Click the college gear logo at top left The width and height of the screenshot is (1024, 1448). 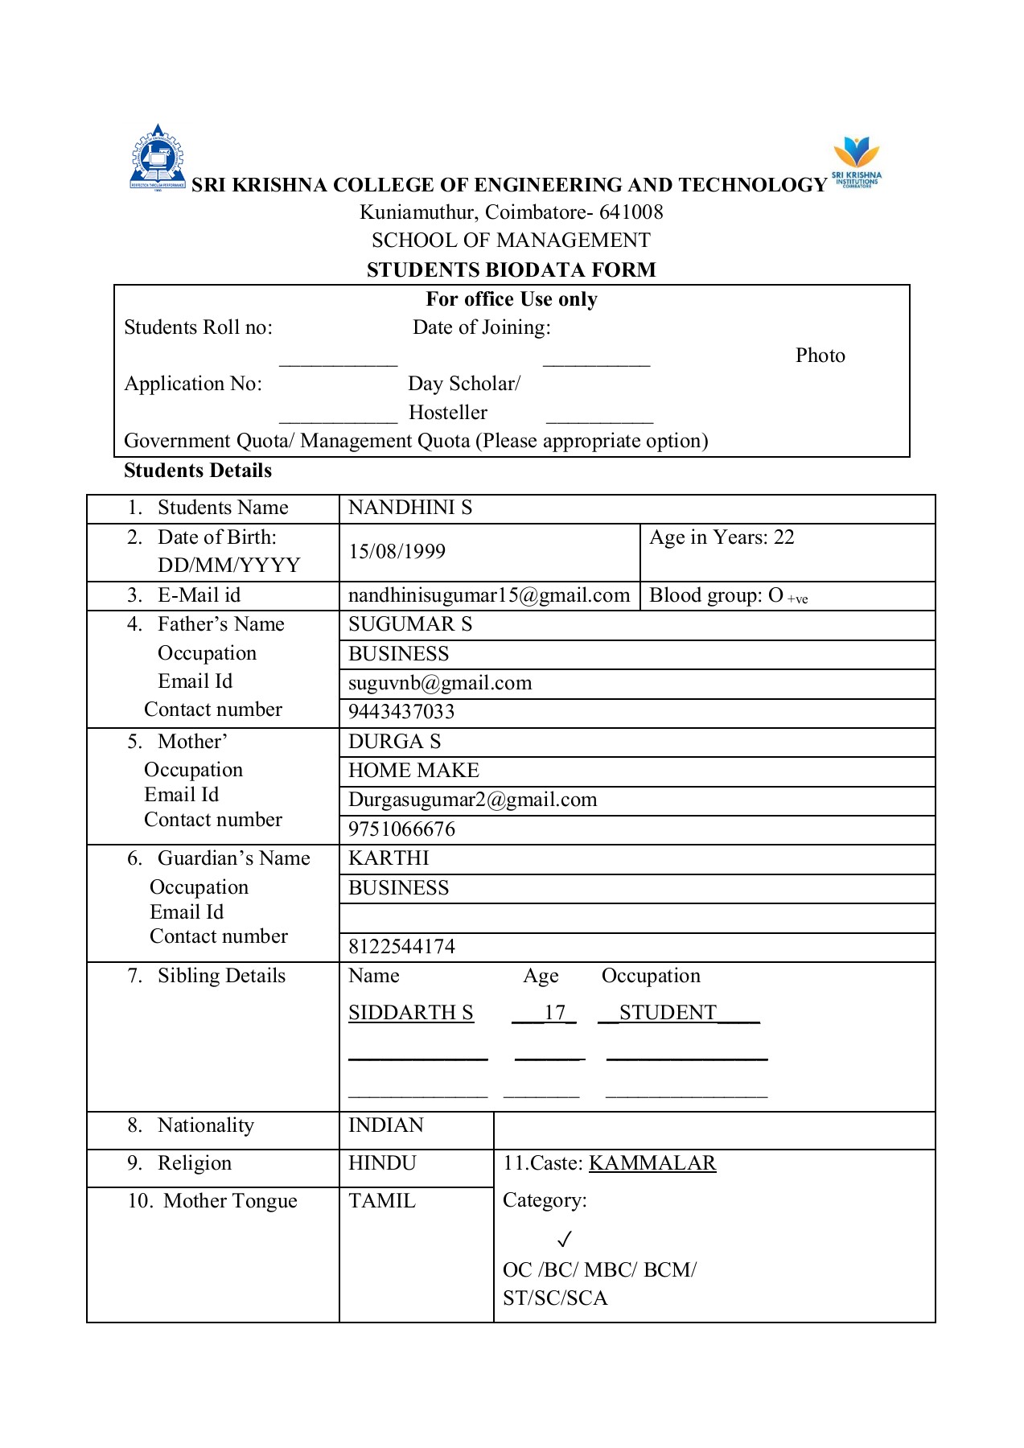pyautogui.click(x=158, y=158)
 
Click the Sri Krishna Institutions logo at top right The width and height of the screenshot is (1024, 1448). pyautogui.click(x=856, y=162)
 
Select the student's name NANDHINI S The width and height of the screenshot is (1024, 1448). pyautogui.click(x=410, y=508)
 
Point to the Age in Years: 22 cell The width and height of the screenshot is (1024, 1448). pyautogui.click(x=722, y=537)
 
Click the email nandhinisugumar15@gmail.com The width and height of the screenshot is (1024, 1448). pyautogui.click(x=488, y=595)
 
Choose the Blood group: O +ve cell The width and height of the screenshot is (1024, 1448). pyautogui.click(x=728, y=596)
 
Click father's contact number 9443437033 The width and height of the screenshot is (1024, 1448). pyautogui.click(x=401, y=712)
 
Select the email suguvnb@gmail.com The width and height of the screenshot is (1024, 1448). pyautogui.click(x=440, y=683)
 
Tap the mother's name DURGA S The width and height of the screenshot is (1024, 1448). pyautogui.click(x=394, y=742)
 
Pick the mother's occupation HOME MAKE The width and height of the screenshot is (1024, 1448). pyautogui.click(x=413, y=771)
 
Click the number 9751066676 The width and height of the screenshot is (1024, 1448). pyautogui.click(x=401, y=829)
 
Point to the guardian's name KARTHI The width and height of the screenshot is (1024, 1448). pyautogui.click(x=389, y=858)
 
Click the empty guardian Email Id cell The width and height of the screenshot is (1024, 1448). pyautogui.click(x=635, y=918)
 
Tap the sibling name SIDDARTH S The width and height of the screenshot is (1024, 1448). pyautogui.click(x=410, y=1013)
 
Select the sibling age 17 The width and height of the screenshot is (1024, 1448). pyautogui.click(x=554, y=1013)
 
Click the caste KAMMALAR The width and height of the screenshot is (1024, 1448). pyautogui.click(x=652, y=1163)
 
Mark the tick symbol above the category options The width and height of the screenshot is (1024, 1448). pyautogui.click(x=565, y=1238)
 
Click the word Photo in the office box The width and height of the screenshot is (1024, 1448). pyautogui.click(x=820, y=356)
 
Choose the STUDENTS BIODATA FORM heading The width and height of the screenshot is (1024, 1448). pyautogui.click(x=511, y=270)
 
